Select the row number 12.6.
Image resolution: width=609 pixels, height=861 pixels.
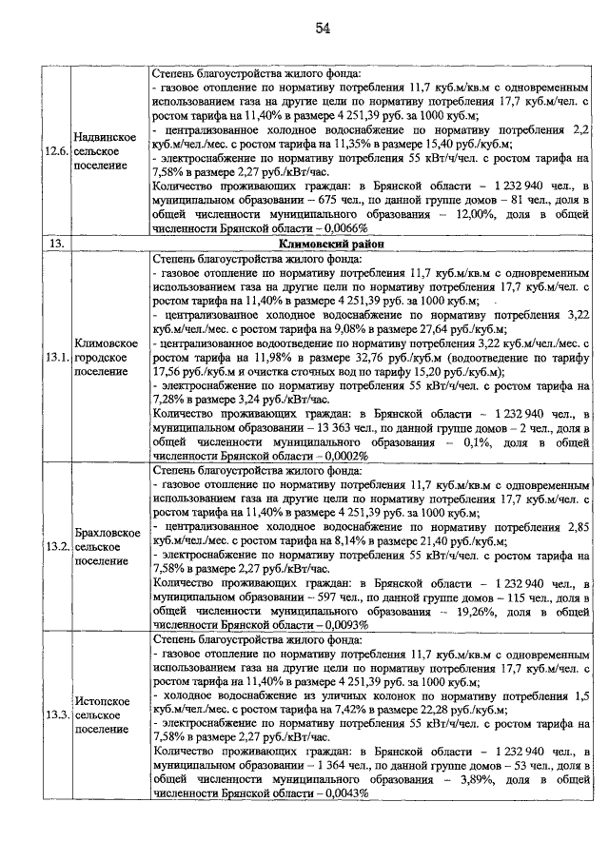tap(57, 151)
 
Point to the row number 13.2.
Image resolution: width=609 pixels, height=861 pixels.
tap(57, 548)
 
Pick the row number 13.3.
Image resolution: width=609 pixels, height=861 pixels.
tap(57, 714)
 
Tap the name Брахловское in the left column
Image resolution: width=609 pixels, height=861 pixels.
tap(108, 533)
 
